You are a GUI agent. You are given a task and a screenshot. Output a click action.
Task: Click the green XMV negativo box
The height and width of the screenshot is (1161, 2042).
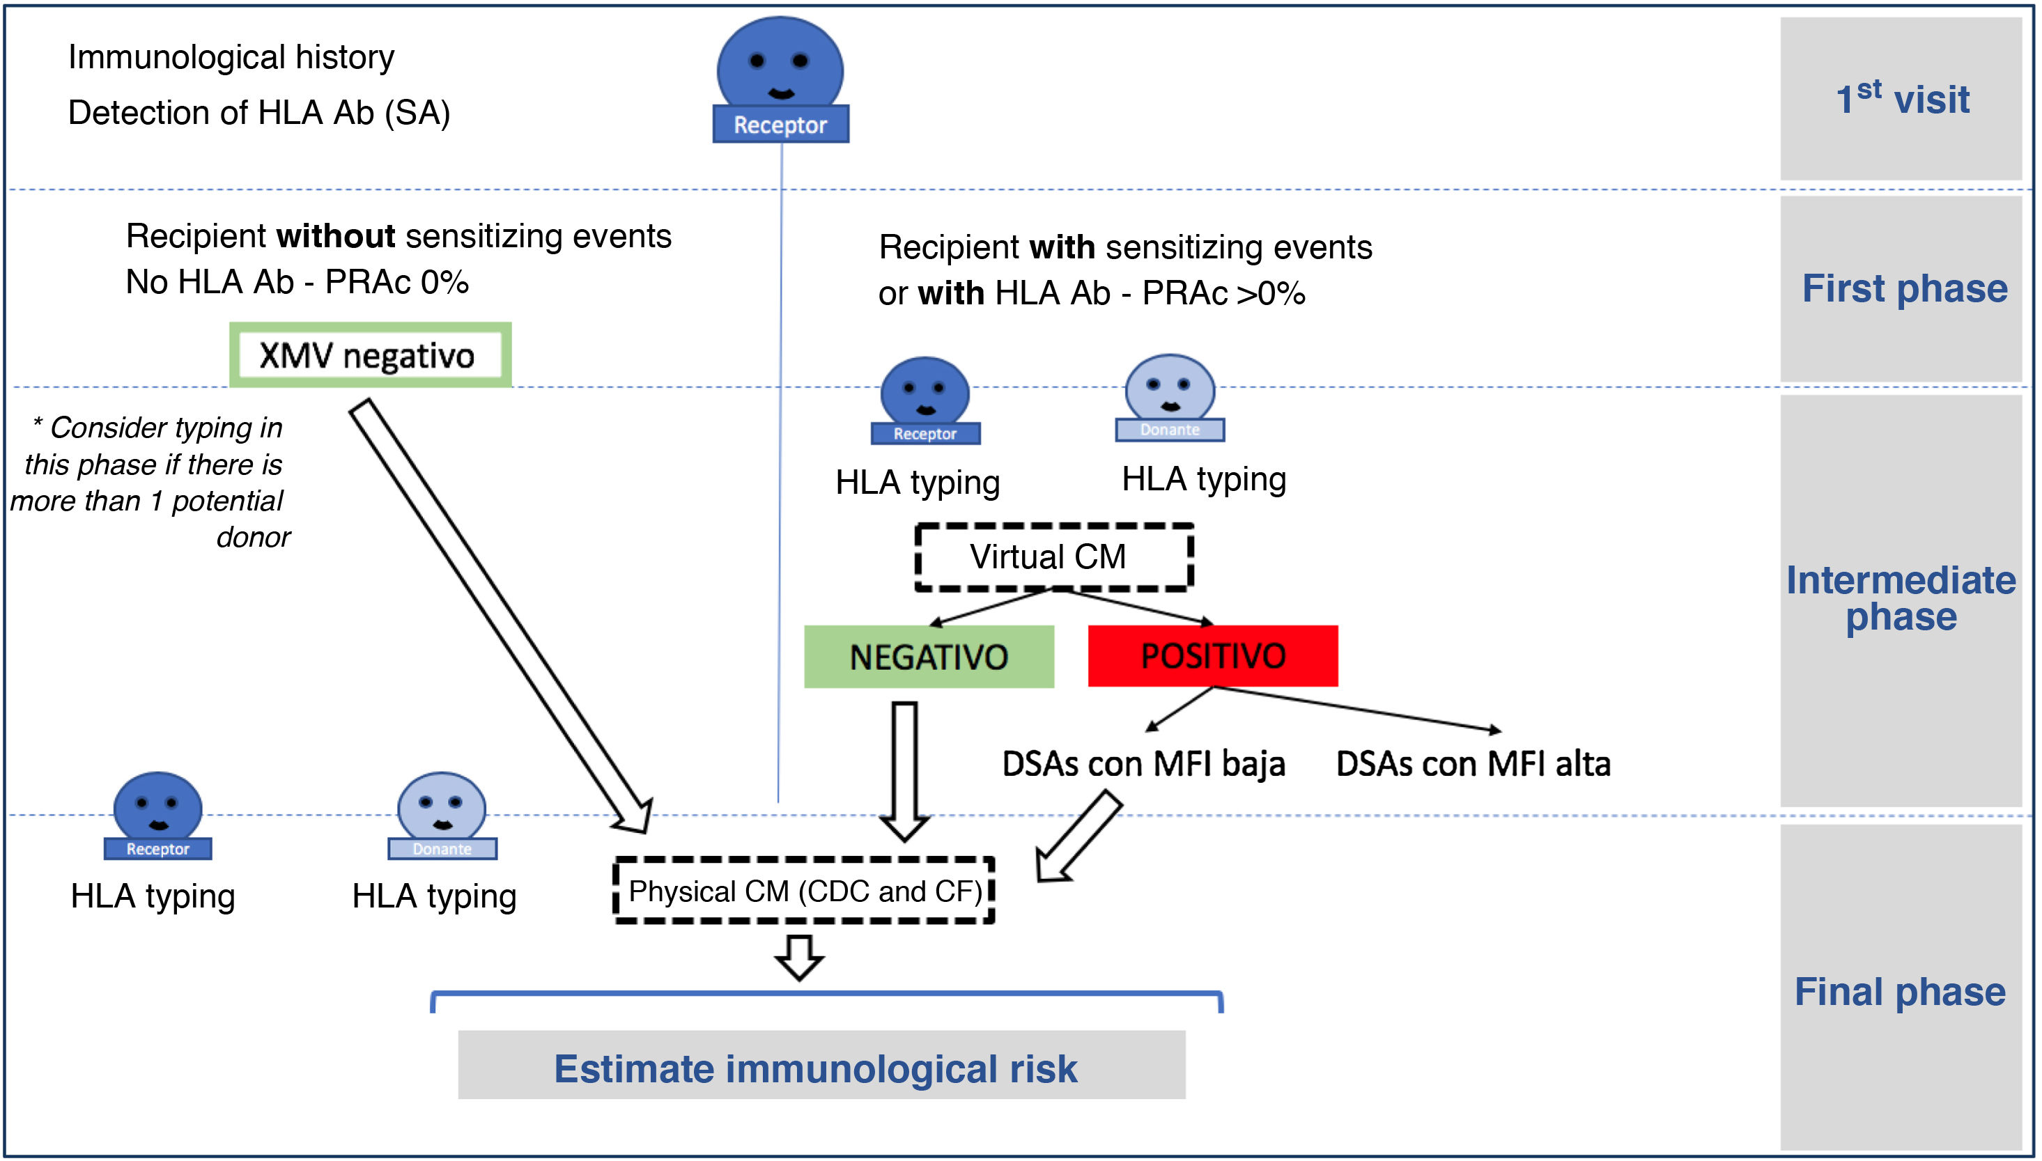pos(369,354)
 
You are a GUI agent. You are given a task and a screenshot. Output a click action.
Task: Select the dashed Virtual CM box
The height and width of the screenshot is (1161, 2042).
pos(1053,556)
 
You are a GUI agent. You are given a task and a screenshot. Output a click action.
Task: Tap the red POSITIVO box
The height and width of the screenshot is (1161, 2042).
pos(1212,655)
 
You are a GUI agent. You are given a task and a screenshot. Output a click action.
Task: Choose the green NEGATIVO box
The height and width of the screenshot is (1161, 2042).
pos(929,656)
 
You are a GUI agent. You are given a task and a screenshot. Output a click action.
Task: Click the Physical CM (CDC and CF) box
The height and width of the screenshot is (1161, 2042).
pos(804,891)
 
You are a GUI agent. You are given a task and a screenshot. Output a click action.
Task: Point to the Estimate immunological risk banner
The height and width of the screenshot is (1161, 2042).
pos(821,1066)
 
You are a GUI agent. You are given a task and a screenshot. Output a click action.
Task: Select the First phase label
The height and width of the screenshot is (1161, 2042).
pos(1904,288)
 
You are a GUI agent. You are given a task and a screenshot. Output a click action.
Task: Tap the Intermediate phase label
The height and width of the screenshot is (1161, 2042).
pos(1900,598)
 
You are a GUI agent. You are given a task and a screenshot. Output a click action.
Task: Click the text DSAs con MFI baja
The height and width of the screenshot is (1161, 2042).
pos(1143,764)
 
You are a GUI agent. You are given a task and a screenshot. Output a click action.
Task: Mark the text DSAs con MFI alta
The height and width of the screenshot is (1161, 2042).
pos(1473,764)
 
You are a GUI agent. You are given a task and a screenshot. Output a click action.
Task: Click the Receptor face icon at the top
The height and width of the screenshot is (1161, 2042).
pos(780,79)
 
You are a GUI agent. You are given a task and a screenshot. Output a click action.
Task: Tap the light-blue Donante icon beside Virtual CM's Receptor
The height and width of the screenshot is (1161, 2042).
pos(1169,398)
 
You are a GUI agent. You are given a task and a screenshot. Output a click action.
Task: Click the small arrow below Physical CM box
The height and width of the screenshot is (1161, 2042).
pos(799,956)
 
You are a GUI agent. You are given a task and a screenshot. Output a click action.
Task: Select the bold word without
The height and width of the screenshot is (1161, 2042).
pos(335,236)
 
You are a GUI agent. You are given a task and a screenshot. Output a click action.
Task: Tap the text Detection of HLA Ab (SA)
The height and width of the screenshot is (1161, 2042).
pos(259,112)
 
